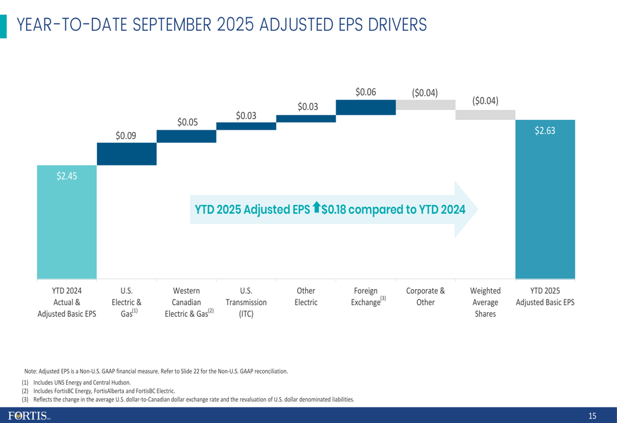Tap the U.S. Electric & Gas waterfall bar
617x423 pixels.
point(126,154)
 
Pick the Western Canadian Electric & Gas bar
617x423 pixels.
point(186,136)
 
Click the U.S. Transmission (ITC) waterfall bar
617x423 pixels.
point(246,126)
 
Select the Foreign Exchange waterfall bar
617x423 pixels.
point(366,107)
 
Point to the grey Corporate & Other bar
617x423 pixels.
point(425,105)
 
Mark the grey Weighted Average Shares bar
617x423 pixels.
point(485,115)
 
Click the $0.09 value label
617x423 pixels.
point(126,135)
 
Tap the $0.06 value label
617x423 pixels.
point(366,91)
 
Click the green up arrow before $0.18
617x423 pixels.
point(317,209)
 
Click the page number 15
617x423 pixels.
point(592,416)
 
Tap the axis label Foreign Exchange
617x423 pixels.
point(366,296)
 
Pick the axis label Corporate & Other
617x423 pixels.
point(425,296)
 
